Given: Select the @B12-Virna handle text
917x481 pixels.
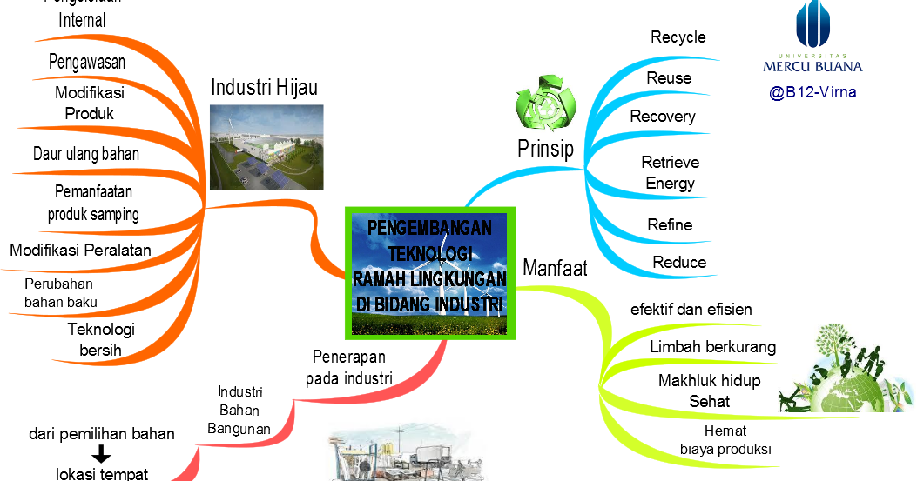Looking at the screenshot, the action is coord(812,92).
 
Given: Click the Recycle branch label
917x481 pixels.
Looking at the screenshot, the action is coord(678,37).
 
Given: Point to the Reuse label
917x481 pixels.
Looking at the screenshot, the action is coord(669,78).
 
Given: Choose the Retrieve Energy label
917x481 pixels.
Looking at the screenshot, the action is coord(670,172).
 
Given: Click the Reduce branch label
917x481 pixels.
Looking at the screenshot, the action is coord(679,263).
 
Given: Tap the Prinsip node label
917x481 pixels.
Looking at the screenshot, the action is coord(545,149).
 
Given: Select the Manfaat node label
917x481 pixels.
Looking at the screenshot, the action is coord(555,268).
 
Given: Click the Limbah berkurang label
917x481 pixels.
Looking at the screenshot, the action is coord(712,347).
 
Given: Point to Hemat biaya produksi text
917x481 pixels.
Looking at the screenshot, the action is coord(725,440).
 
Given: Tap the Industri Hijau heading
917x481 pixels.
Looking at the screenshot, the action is coord(264,88).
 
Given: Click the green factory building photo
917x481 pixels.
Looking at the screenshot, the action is coord(266,147).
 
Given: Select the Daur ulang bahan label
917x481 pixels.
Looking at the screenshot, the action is coord(86,154).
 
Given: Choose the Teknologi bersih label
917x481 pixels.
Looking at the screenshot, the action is coord(101,340).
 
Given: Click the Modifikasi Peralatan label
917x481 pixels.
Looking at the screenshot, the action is coord(80,251).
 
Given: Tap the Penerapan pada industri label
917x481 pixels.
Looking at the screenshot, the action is coord(348,367).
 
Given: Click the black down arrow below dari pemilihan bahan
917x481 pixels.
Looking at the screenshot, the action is coord(102,454).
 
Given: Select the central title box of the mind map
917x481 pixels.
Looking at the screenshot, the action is coord(430,272).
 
